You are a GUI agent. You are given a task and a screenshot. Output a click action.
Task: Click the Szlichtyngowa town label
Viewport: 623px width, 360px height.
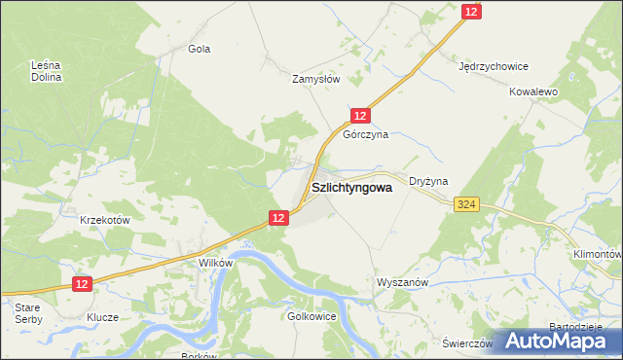point(351,190)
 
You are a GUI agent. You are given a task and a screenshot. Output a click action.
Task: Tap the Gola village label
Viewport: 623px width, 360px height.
point(200,48)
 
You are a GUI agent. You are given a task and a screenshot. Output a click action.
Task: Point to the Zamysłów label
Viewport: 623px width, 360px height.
point(316,80)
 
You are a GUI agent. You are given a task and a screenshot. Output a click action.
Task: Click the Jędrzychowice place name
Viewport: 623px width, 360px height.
point(494,67)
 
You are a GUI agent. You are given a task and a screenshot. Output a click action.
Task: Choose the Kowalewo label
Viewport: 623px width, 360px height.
point(532,91)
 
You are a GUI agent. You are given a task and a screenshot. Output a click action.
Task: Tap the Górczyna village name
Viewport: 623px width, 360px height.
point(365,135)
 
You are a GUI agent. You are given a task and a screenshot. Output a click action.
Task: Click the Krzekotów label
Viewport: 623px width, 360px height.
point(105,220)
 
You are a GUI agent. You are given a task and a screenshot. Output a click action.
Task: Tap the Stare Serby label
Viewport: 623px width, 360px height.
point(27,312)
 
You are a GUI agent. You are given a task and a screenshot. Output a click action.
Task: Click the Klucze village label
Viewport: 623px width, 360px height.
point(102,317)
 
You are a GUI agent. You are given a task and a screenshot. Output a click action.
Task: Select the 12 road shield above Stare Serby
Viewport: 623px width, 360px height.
point(82,283)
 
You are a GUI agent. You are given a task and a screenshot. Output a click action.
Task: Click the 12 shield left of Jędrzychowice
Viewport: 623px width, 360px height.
point(471,11)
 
